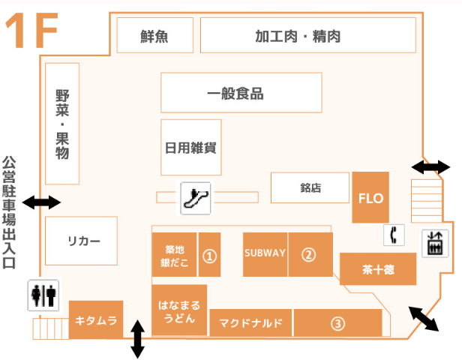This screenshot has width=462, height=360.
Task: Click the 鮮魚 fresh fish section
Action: click(154, 35)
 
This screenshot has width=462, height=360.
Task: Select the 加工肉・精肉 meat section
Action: click(308, 35)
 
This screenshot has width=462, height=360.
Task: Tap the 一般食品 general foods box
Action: click(241, 93)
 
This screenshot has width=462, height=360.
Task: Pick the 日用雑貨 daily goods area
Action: click(190, 145)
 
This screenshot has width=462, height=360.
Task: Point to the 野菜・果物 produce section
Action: click(62, 124)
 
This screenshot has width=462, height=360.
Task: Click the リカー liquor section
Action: click(82, 241)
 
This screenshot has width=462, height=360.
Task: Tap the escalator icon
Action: click(196, 196)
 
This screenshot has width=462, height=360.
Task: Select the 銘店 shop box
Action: click(310, 188)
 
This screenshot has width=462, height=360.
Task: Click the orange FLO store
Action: click(370, 198)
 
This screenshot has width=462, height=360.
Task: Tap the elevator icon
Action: click(433, 242)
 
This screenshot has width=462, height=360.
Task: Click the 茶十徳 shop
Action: click(378, 268)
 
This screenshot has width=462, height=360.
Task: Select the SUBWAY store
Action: click(265, 253)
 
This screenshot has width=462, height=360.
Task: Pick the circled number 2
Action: click(309, 253)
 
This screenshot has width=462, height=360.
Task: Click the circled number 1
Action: click(210, 256)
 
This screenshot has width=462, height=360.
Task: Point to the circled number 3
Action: click(337, 323)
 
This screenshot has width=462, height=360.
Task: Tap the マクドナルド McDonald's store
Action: click(250, 323)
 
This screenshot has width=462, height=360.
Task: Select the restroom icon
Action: click(43, 295)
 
